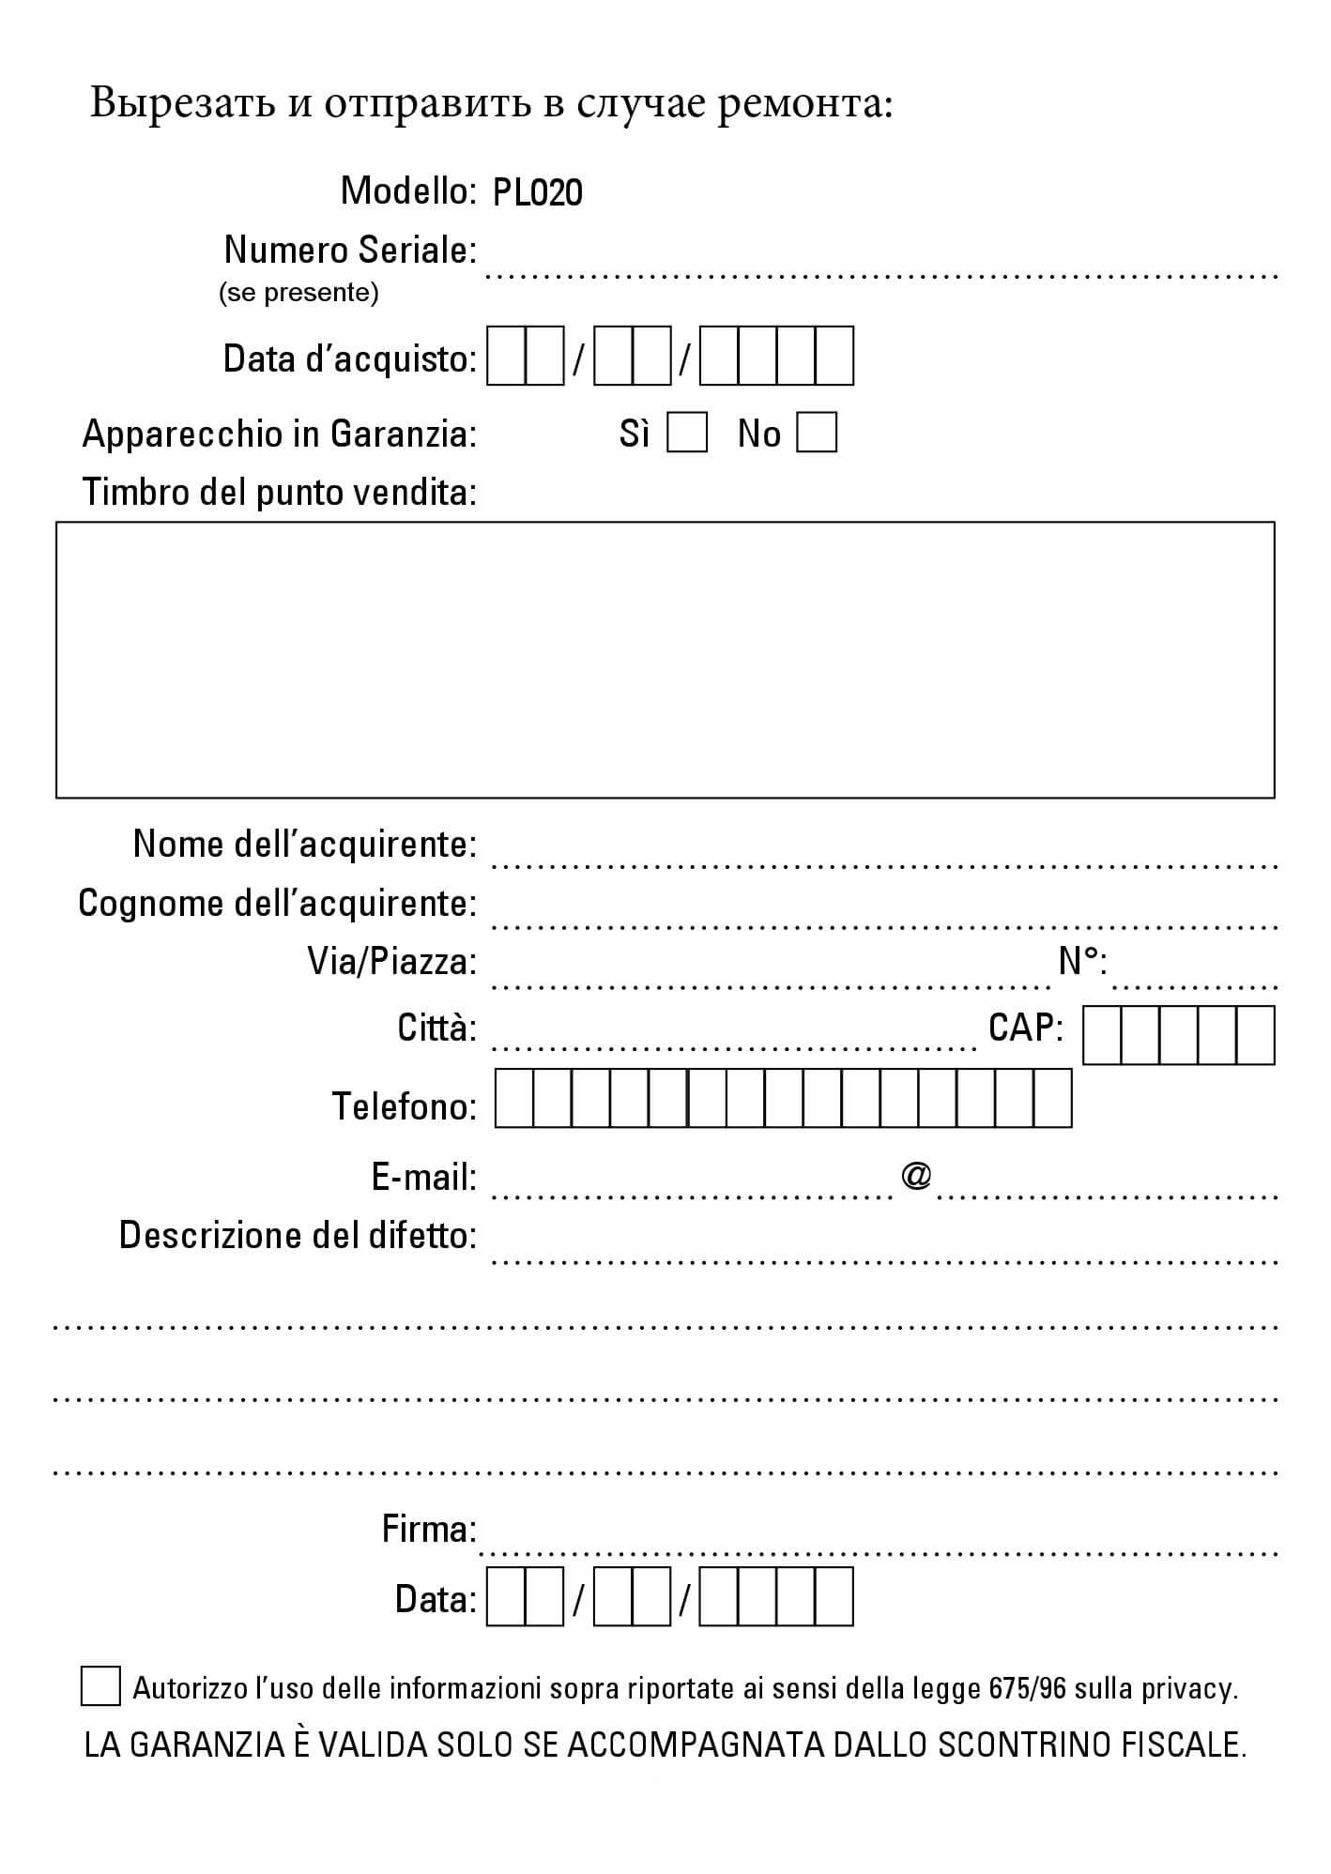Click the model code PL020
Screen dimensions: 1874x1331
[x=537, y=193]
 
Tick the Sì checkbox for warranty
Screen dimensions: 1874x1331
[x=686, y=434]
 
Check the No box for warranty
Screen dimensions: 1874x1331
[x=816, y=434]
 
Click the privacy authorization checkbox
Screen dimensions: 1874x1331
[x=100, y=1686]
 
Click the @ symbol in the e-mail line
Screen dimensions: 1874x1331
[x=915, y=1175]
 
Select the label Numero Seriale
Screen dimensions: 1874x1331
[x=349, y=251]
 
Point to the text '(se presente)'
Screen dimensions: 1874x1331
[x=298, y=293]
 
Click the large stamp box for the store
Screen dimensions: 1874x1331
[x=665, y=660]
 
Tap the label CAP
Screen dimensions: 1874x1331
[x=1025, y=1028]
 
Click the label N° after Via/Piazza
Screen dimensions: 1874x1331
[x=1081, y=961]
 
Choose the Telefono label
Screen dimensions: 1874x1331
[x=404, y=1106]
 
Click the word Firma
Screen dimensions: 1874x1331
[x=429, y=1530]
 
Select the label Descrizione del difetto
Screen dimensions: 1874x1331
[x=298, y=1236]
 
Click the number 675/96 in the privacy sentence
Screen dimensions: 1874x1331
[x=1028, y=1689]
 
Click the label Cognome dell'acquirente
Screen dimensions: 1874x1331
[x=277, y=904]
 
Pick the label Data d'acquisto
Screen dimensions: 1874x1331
[x=349, y=358]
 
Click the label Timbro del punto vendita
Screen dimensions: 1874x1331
[x=279, y=492]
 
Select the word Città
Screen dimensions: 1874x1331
[x=436, y=1028]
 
